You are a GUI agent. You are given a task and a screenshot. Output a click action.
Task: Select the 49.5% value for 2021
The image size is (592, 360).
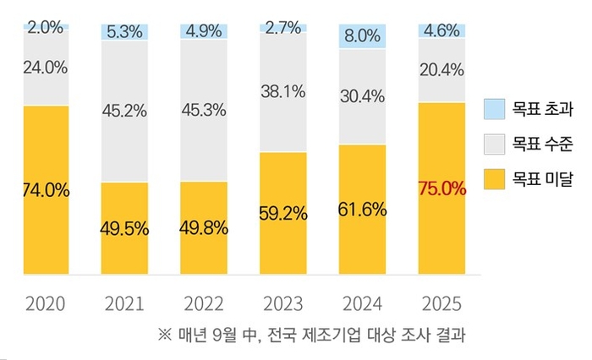124,228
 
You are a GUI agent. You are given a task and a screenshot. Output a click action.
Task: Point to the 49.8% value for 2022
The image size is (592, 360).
204,228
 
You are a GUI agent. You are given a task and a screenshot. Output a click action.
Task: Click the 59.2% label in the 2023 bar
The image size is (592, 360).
283,213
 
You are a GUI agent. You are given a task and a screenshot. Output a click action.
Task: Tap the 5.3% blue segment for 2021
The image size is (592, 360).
124,31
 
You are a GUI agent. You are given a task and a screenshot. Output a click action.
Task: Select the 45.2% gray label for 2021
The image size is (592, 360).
124,110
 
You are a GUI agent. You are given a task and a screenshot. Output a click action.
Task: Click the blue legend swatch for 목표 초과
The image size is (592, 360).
495,109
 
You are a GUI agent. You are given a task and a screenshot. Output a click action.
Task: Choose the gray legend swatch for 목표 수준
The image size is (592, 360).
495,144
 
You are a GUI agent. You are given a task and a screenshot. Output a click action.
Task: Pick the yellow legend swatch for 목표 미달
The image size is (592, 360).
495,178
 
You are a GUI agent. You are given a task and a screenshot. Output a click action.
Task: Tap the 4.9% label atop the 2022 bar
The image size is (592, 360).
204,30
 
